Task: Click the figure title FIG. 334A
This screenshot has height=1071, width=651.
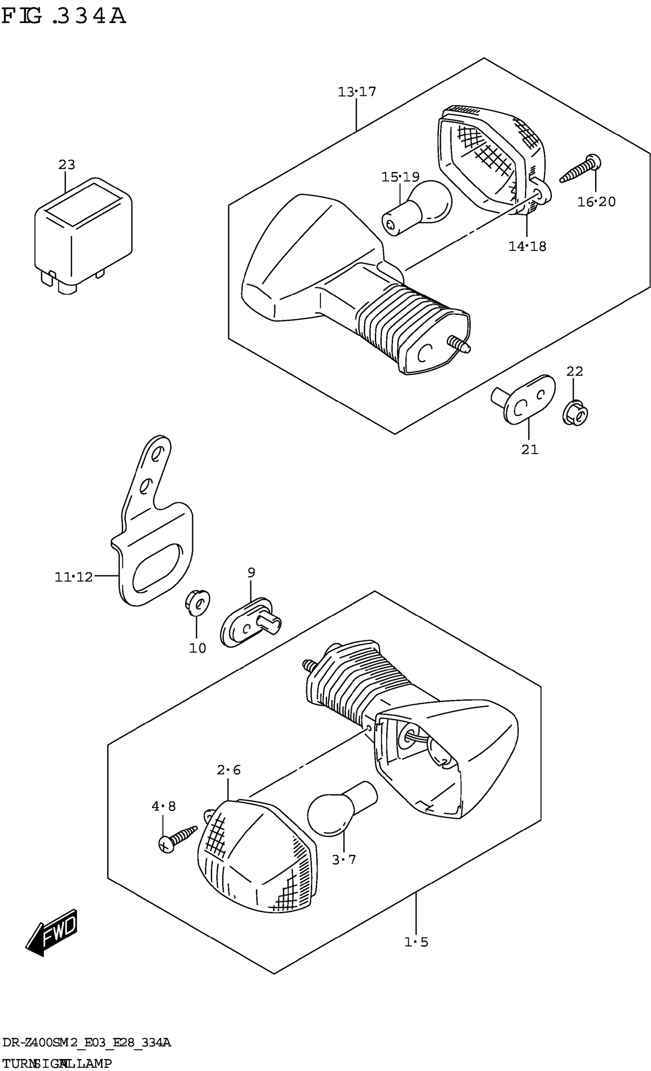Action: pos(64,16)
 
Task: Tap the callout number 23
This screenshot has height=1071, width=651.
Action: pos(67,165)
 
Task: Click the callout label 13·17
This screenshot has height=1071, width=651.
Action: pos(357,92)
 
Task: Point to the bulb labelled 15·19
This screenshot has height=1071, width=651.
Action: pos(418,208)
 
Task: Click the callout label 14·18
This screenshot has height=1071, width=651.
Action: pos(527,246)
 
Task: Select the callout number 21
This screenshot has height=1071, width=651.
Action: pos(530,449)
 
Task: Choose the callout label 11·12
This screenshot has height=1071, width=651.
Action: pos(74,577)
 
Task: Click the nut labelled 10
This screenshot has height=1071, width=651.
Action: pos(197,603)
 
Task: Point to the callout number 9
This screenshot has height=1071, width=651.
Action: pos(251,573)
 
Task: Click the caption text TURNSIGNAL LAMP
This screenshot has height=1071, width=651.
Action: pos(57,1064)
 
